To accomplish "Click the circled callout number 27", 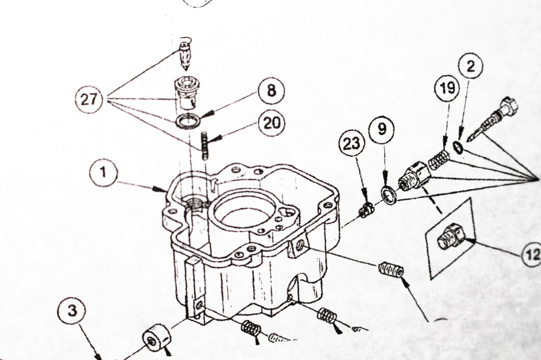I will tap(89, 99).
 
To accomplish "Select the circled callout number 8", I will tap(271, 91).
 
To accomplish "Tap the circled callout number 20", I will tap(271, 123).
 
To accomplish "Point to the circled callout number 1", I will tap(103, 172).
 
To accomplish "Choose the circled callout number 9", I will tap(382, 129).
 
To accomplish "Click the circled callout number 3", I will tap(72, 310).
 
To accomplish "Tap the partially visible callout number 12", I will tap(532, 254).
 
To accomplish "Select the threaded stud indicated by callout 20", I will tap(204, 146).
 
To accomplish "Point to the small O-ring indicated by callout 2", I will tap(458, 148).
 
